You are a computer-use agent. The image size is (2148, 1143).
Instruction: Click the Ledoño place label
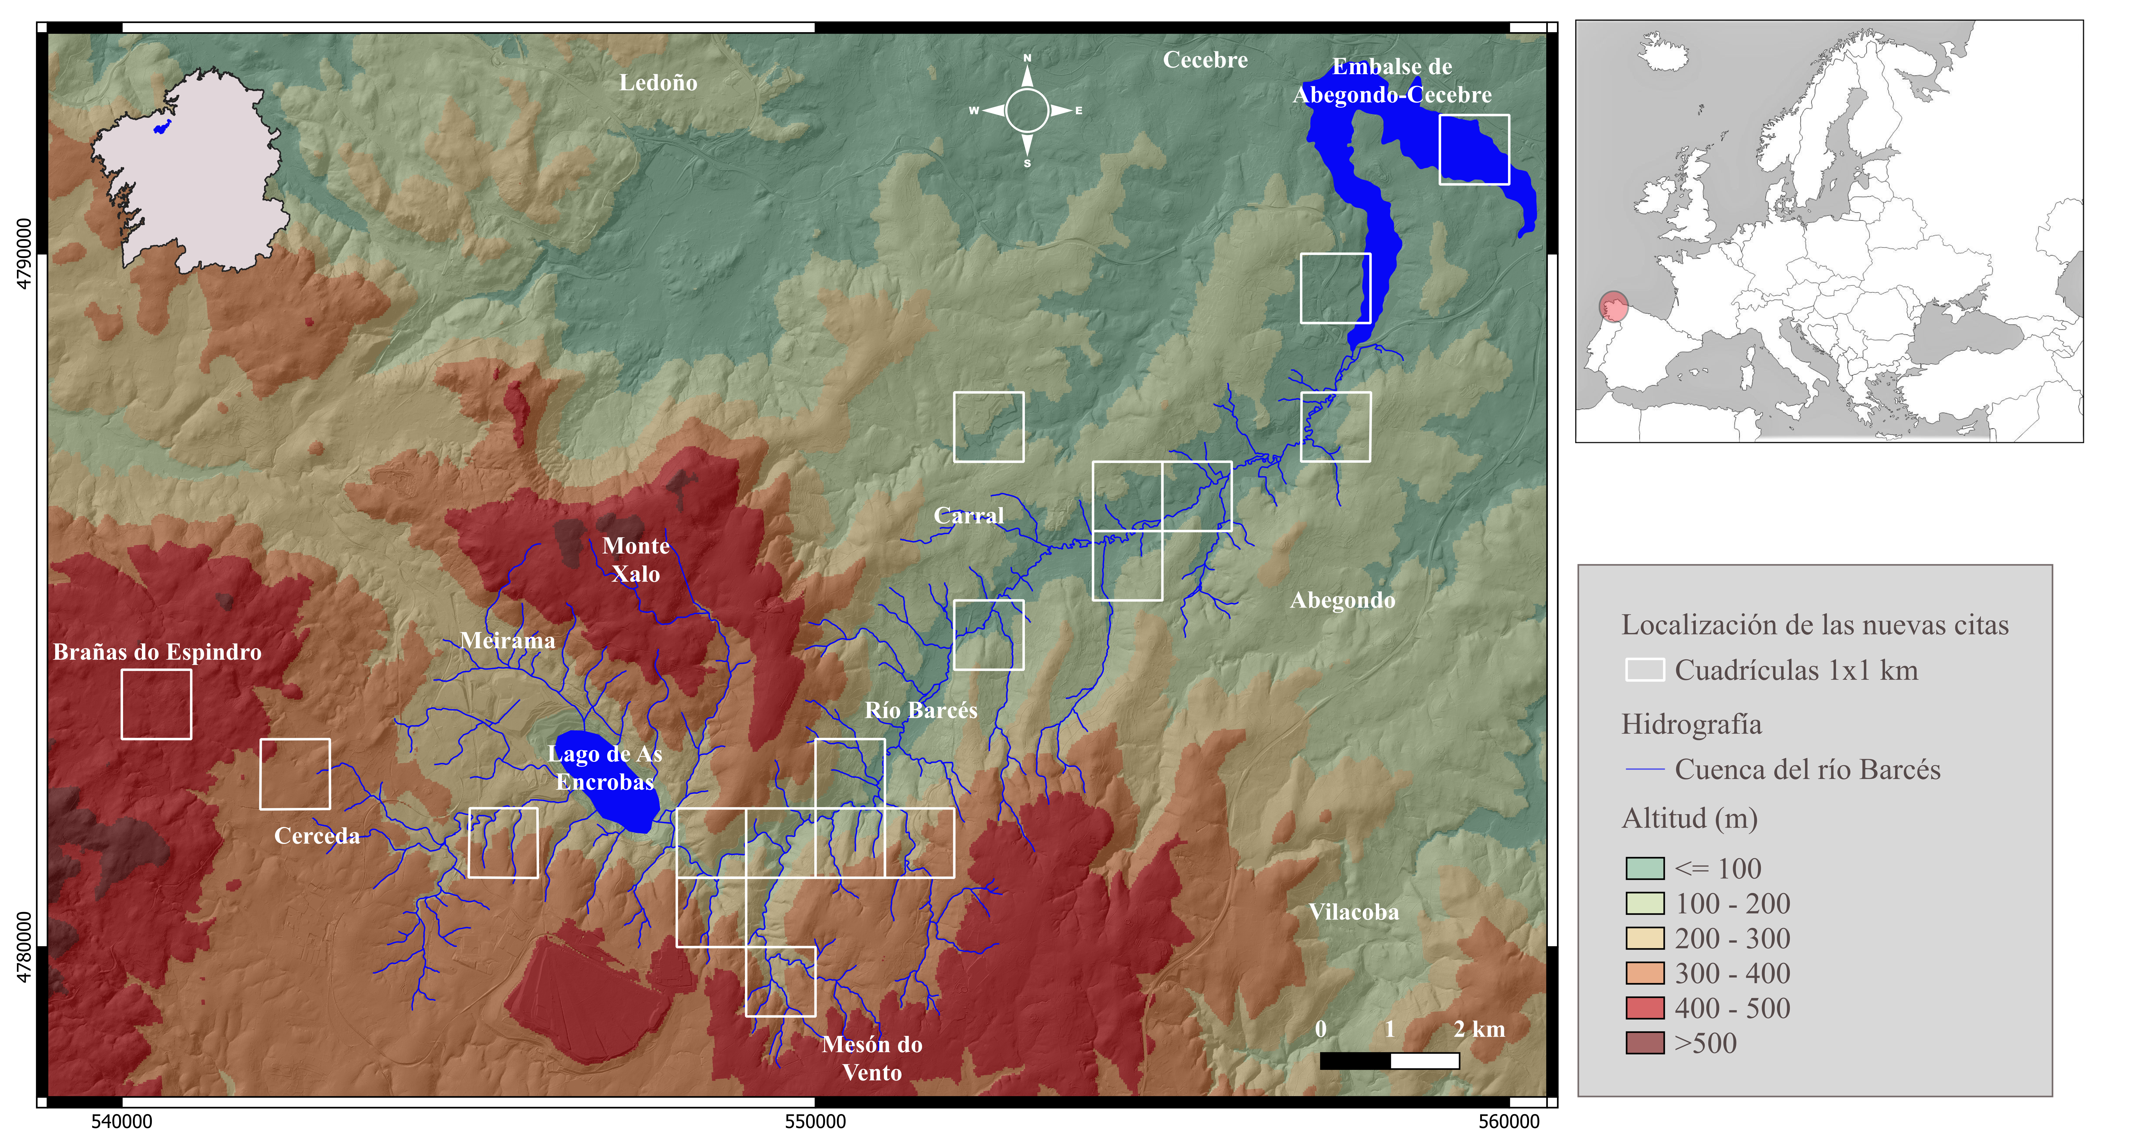click(658, 83)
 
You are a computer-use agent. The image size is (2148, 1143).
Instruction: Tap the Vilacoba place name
click(1353, 912)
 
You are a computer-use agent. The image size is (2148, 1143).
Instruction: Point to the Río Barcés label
click(921, 710)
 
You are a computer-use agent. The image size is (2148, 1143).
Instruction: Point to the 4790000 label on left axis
click(24, 254)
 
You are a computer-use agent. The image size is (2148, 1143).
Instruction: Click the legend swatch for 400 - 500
click(1644, 1008)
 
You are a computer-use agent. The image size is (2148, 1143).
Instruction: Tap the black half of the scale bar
click(1355, 1060)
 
